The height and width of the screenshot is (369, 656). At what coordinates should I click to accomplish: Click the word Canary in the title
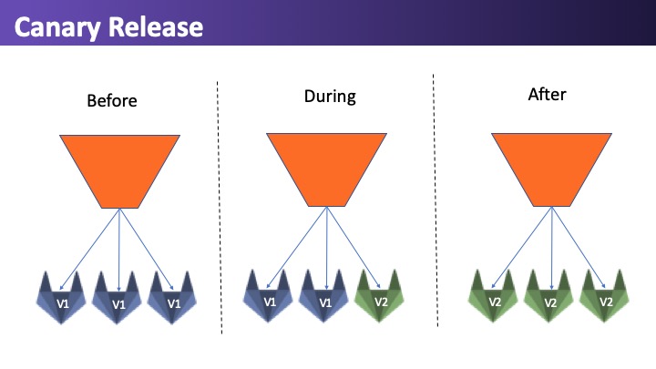pyautogui.click(x=57, y=27)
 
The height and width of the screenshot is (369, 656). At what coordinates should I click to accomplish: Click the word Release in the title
pyautogui.click(x=156, y=26)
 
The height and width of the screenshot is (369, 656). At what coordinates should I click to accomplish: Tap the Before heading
pyautogui.click(x=112, y=100)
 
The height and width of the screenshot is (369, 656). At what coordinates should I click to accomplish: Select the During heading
pyautogui.click(x=330, y=97)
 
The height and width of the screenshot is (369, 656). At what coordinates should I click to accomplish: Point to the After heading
pyautogui.click(x=547, y=94)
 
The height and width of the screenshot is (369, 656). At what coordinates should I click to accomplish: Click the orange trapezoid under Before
pyautogui.click(x=119, y=171)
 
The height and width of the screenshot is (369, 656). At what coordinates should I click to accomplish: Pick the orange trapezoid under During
pyautogui.click(x=326, y=169)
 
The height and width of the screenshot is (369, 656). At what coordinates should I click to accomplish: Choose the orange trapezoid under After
pyautogui.click(x=551, y=169)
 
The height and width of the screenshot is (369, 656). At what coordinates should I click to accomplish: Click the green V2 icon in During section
pyautogui.click(x=379, y=296)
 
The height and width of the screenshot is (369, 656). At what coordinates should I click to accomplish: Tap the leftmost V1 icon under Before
pyautogui.click(x=61, y=298)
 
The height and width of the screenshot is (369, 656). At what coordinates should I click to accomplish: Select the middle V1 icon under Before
pyautogui.click(x=117, y=298)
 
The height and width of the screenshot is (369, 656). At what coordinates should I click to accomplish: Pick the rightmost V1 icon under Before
pyautogui.click(x=172, y=298)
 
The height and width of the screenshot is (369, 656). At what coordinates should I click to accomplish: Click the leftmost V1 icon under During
pyautogui.click(x=268, y=296)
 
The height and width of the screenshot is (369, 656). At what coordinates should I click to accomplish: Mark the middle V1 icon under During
pyautogui.click(x=323, y=296)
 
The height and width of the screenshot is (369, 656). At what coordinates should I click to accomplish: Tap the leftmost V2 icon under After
pyautogui.click(x=493, y=296)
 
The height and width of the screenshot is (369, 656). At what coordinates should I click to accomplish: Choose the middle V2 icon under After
pyautogui.click(x=548, y=296)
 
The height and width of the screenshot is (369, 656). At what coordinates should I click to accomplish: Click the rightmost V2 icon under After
pyautogui.click(x=604, y=296)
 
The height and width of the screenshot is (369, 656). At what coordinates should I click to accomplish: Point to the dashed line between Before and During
pyautogui.click(x=220, y=208)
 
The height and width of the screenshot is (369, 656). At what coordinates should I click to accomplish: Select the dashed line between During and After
pyautogui.click(x=436, y=200)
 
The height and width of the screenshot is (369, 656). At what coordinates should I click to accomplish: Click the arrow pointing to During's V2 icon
pyautogui.click(x=354, y=247)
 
